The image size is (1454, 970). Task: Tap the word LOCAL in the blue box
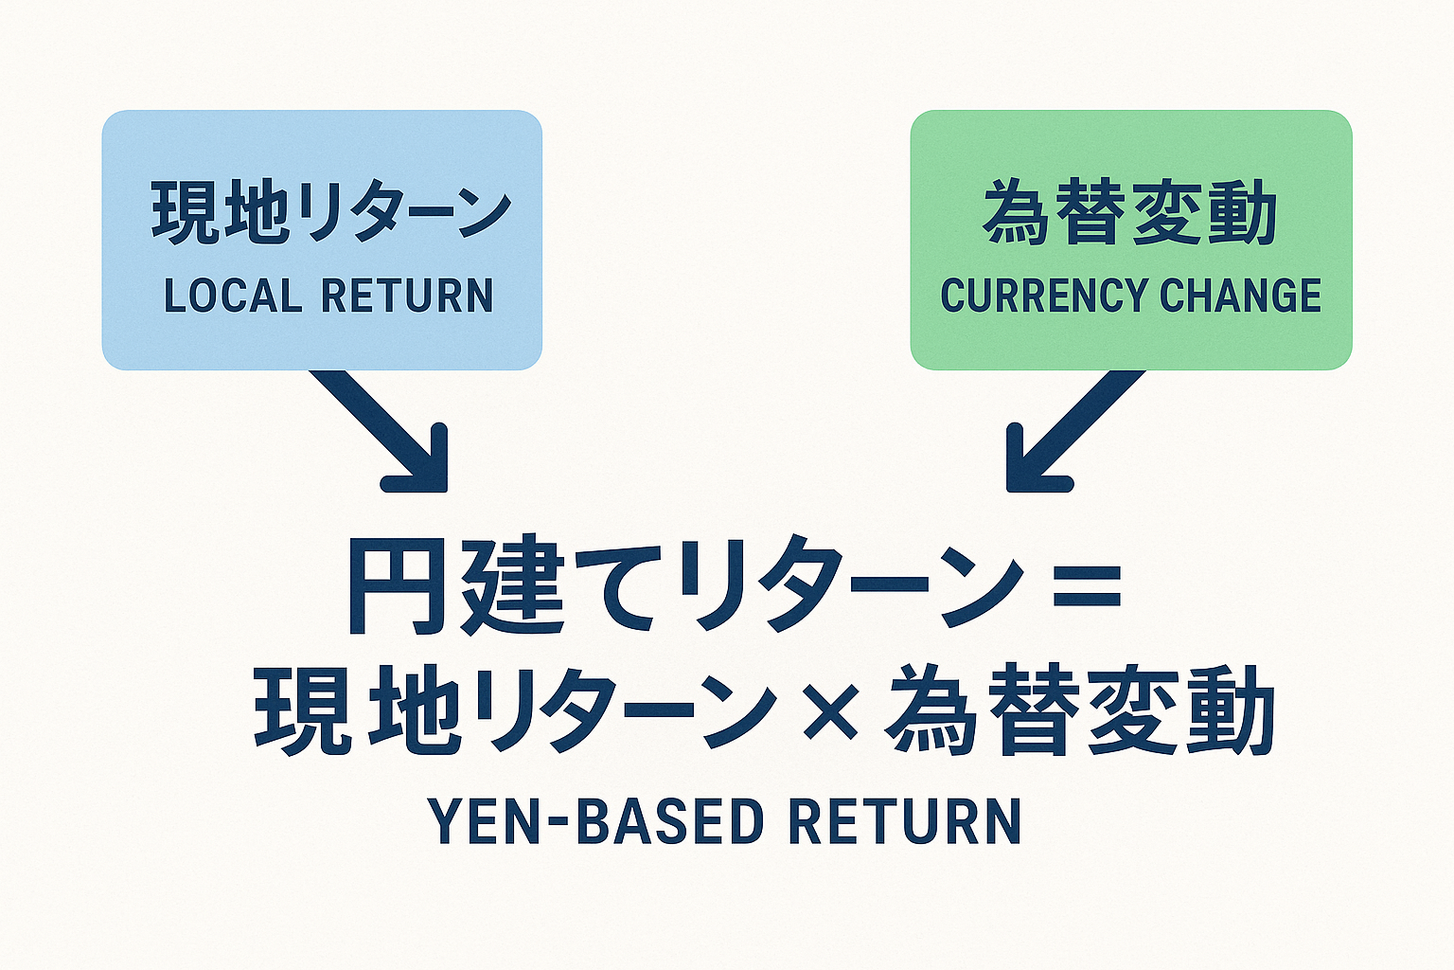[x=231, y=296]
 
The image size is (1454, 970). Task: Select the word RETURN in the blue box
[x=407, y=296]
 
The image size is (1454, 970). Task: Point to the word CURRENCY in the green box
[x=1042, y=296]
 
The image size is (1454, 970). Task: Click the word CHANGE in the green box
[x=1240, y=296]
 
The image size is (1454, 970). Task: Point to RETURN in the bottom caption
[x=905, y=821]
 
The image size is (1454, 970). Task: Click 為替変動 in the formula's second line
[x=1079, y=710]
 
